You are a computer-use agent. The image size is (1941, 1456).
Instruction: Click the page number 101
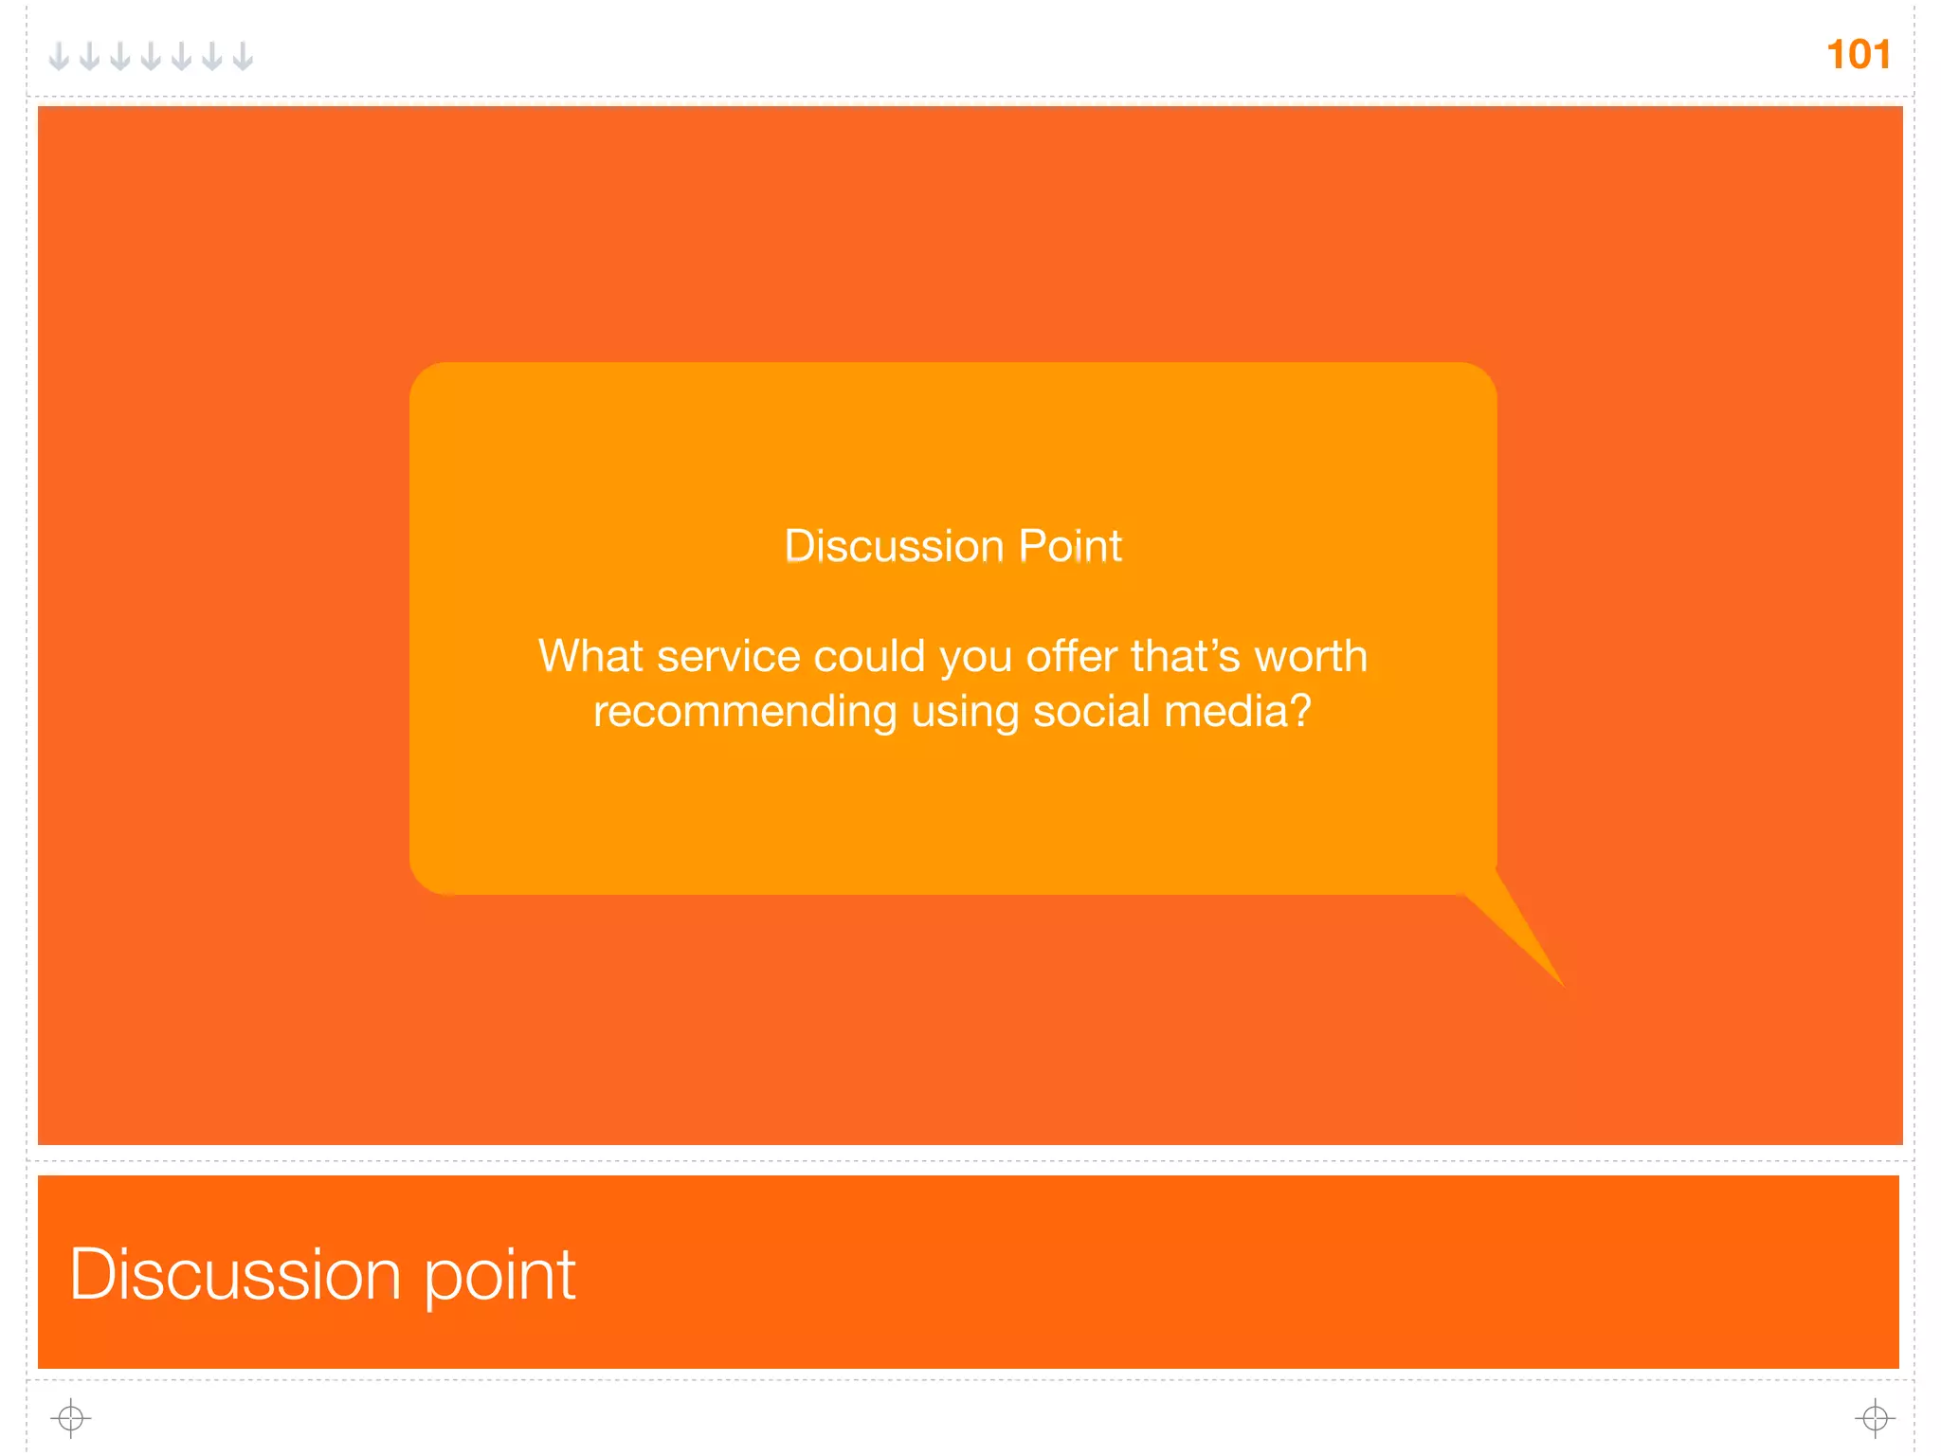(x=1858, y=55)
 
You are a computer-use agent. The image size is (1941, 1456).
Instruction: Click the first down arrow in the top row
(x=59, y=56)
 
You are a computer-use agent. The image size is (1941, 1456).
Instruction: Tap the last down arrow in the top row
(x=243, y=56)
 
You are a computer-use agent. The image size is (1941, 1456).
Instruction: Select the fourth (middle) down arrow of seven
(x=151, y=56)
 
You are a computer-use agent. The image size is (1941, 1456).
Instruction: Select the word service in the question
(x=728, y=656)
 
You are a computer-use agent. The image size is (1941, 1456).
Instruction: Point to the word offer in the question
(x=1071, y=656)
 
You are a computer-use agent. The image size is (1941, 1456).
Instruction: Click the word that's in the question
(x=1185, y=656)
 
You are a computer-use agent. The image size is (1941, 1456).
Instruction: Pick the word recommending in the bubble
(x=745, y=711)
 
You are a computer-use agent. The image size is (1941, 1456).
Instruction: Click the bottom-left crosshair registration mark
(x=71, y=1418)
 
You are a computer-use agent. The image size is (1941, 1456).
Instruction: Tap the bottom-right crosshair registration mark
(x=1875, y=1418)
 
